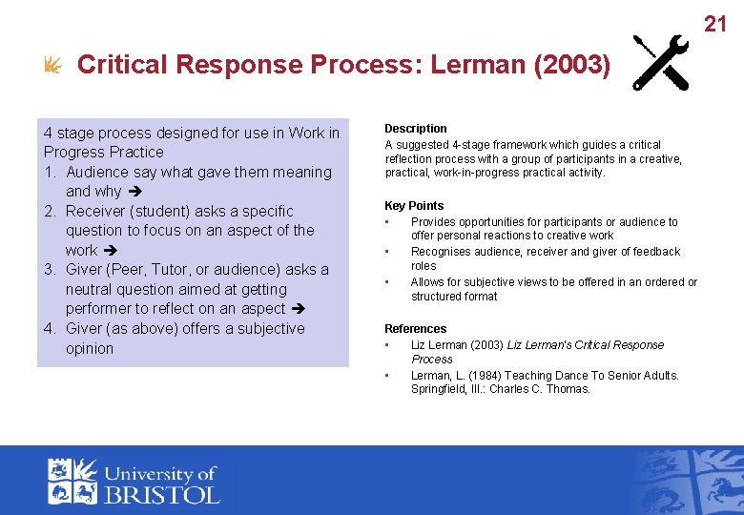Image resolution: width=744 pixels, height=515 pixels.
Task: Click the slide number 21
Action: (715, 24)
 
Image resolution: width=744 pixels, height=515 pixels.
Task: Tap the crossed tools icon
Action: (662, 63)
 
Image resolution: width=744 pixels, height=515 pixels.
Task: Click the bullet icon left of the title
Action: (53, 66)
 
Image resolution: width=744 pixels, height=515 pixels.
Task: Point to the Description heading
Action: (415, 129)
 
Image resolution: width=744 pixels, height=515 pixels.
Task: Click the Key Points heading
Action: (414, 206)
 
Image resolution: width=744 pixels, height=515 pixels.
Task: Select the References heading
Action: (415, 329)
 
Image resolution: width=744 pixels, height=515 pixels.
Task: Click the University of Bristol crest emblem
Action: (73, 481)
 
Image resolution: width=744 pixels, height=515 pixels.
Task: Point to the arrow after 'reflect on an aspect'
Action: (298, 309)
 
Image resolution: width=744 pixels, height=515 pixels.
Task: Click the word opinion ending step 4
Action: (90, 348)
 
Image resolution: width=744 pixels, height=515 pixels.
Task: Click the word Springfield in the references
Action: (440, 389)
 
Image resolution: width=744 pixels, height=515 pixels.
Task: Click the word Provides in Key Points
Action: (435, 222)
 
